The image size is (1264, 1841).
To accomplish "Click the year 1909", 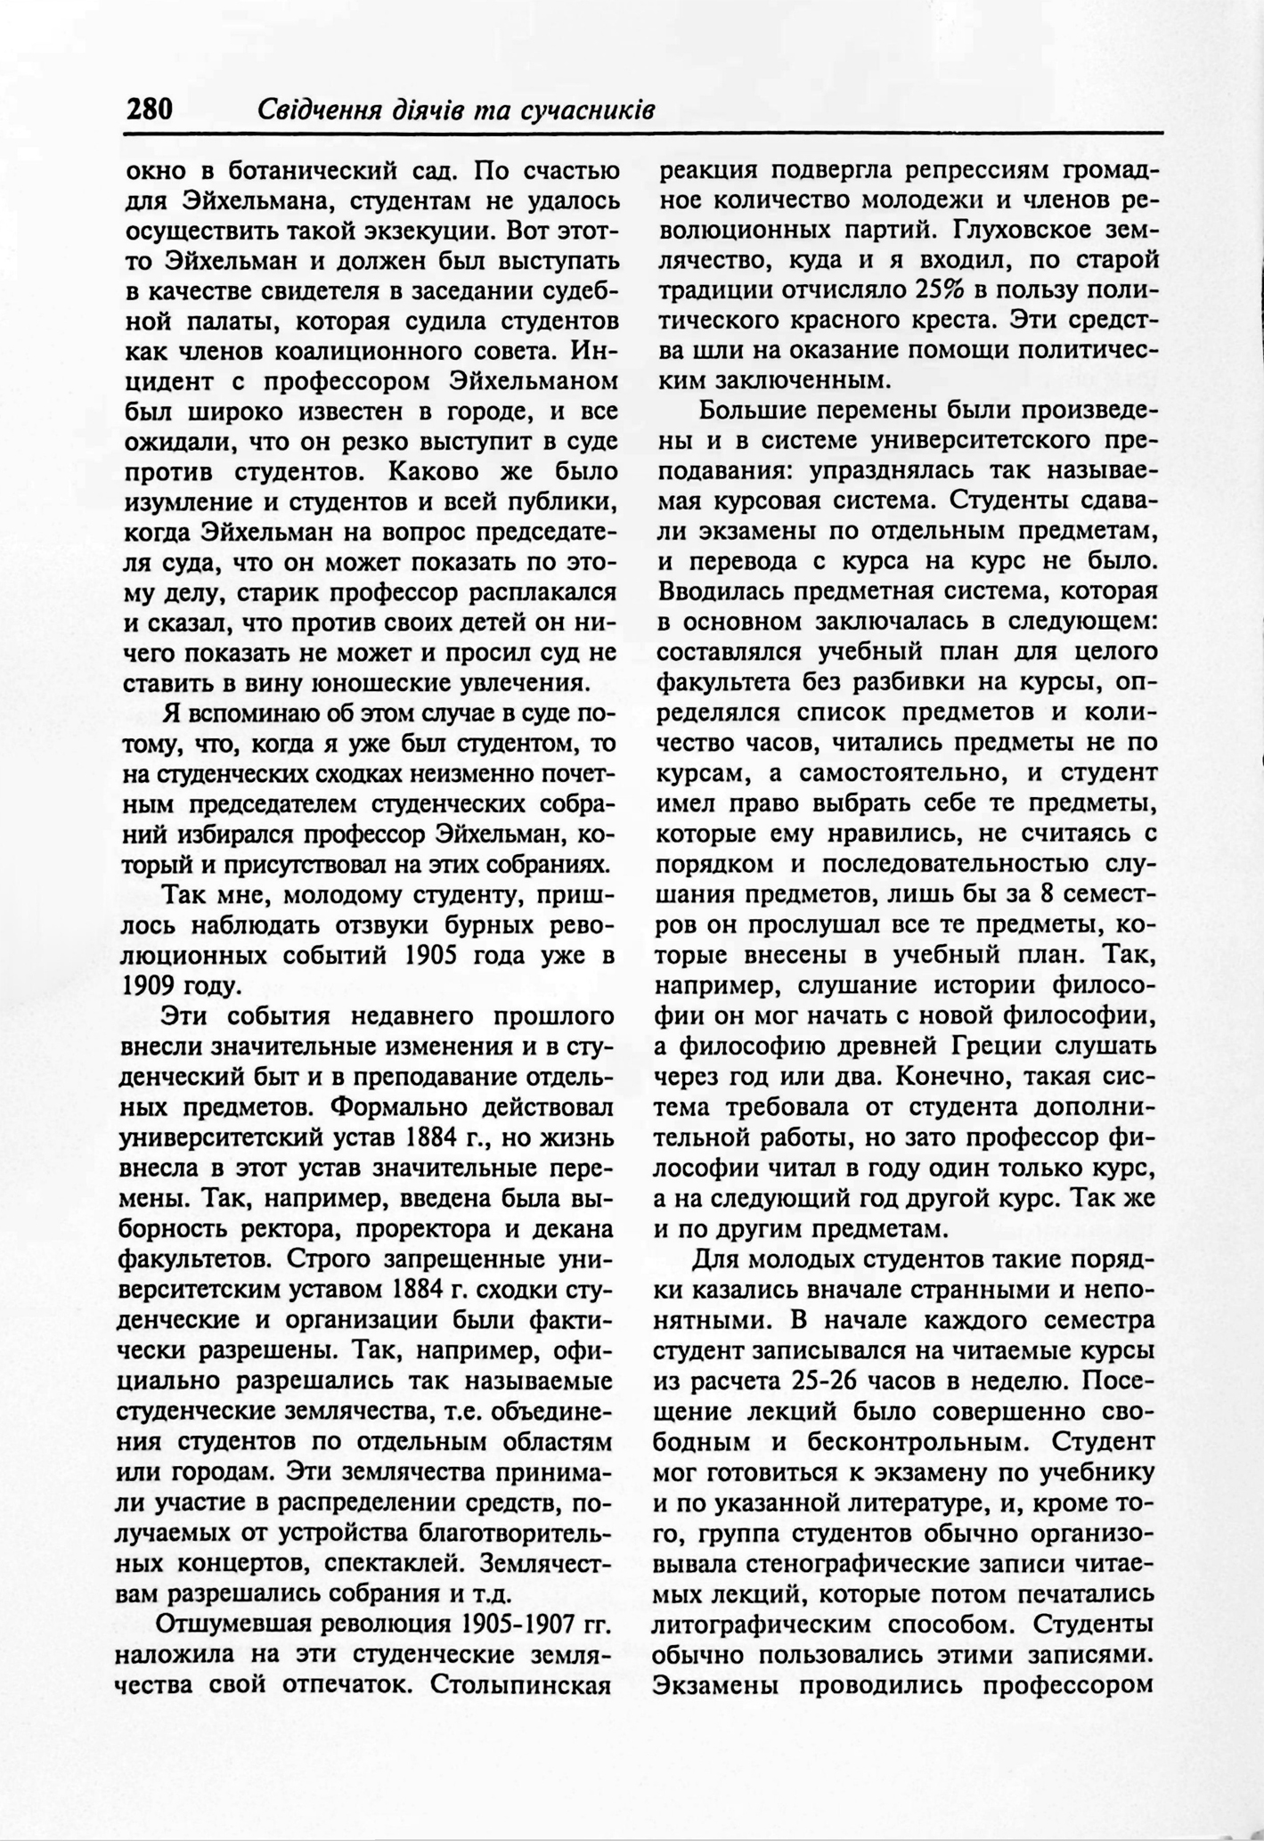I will point(149,986).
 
